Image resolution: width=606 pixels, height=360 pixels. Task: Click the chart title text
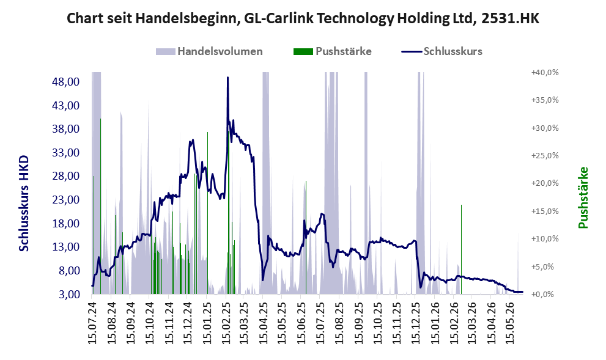click(303, 18)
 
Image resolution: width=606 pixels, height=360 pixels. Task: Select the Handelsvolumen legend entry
click(209, 51)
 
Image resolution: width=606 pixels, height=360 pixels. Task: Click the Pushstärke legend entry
click(333, 51)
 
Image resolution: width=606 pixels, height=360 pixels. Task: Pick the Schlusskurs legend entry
click(442, 51)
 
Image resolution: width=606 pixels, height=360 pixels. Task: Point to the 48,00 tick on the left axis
click(65, 82)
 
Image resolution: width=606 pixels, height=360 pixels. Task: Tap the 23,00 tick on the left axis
click(65, 200)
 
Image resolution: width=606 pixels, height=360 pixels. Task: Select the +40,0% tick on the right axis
click(545, 73)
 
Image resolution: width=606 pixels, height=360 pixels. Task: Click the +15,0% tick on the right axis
click(545, 211)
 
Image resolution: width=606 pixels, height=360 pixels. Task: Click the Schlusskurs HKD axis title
click(24, 204)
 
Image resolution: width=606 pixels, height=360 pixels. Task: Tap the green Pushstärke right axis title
click(583, 197)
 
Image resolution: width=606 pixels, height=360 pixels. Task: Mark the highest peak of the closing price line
click(227, 78)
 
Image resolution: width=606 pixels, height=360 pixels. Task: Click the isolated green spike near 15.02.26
click(461, 249)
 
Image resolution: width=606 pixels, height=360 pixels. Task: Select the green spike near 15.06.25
click(306, 238)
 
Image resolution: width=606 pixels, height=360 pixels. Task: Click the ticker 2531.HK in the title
click(510, 18)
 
